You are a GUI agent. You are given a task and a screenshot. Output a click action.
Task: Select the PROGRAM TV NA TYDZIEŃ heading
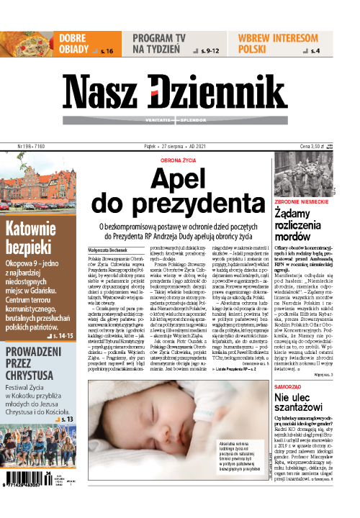click(159, 42)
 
